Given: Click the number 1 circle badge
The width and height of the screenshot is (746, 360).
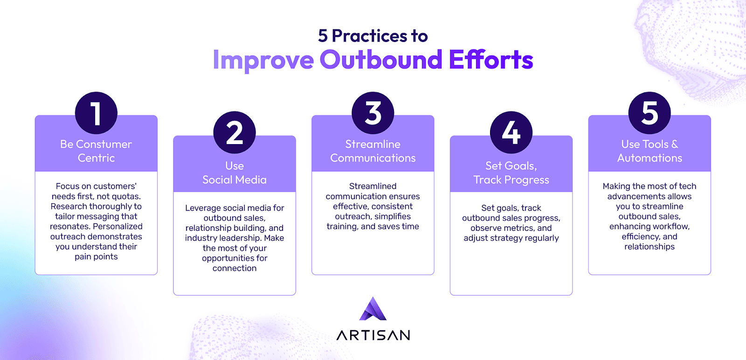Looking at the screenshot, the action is pos(96,113).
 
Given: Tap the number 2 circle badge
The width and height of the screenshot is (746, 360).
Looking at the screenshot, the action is pos(235,132).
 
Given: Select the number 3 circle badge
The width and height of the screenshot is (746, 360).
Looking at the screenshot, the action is pos(373,113).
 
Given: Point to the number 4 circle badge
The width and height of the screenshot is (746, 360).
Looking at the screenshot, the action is pos(511,132).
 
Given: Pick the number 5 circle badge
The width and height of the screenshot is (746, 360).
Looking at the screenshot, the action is pos(649,113).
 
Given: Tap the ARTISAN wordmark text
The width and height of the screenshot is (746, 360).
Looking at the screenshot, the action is pos(373,335).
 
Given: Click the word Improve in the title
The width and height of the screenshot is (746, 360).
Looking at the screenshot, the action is pos(263,60).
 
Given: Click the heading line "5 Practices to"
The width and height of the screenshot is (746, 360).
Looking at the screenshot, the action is pos(373,35).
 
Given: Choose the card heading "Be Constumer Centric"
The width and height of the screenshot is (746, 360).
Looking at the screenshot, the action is pos(96,151).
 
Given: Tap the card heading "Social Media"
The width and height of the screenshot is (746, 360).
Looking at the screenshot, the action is pos(235,180).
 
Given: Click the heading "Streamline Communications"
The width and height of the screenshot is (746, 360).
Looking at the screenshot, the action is pos(373,151).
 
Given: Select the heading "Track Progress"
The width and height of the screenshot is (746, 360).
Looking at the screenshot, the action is pos(511,180).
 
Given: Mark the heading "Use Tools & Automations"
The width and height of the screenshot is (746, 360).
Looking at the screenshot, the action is pos(649,151).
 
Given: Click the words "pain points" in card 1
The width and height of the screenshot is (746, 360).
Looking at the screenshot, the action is pos(96,257).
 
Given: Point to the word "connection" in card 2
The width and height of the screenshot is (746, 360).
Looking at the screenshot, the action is pos(235,268).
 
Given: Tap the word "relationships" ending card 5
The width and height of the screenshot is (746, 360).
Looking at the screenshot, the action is pos(649,247).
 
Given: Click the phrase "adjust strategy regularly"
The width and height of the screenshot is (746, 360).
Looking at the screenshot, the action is pos(511,238).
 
